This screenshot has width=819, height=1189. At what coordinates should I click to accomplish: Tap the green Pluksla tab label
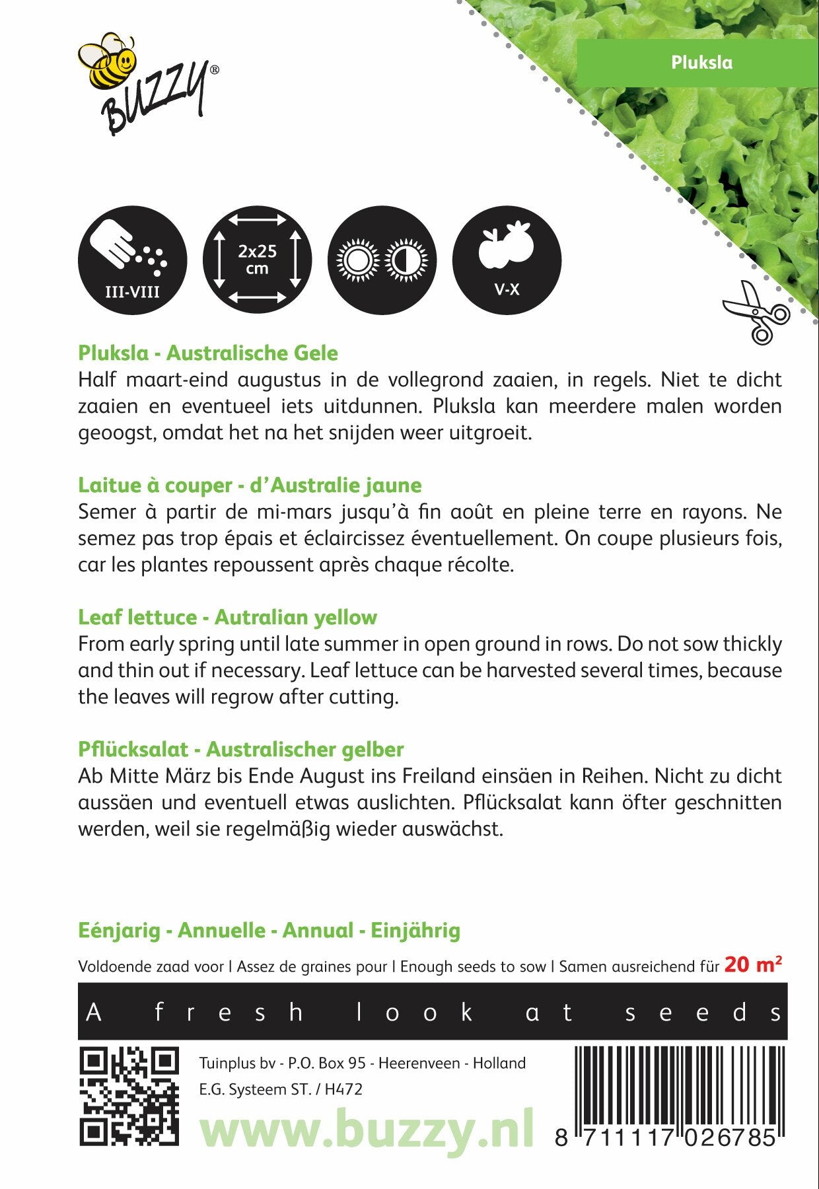point(701,62)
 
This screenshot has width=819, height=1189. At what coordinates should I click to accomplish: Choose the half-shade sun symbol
point(406,259)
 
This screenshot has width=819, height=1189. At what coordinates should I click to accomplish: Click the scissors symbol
point(756,312)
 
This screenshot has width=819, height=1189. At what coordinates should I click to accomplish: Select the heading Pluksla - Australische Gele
point(208,353)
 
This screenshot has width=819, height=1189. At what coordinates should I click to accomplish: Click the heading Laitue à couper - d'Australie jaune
point(250,486)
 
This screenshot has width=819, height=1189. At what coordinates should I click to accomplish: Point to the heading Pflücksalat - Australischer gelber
point(241,750)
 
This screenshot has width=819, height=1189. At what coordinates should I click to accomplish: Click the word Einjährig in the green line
point(415,931)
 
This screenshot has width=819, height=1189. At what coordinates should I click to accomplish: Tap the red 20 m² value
point(752,965)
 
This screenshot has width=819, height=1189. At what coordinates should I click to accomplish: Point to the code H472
point(343,1089)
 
